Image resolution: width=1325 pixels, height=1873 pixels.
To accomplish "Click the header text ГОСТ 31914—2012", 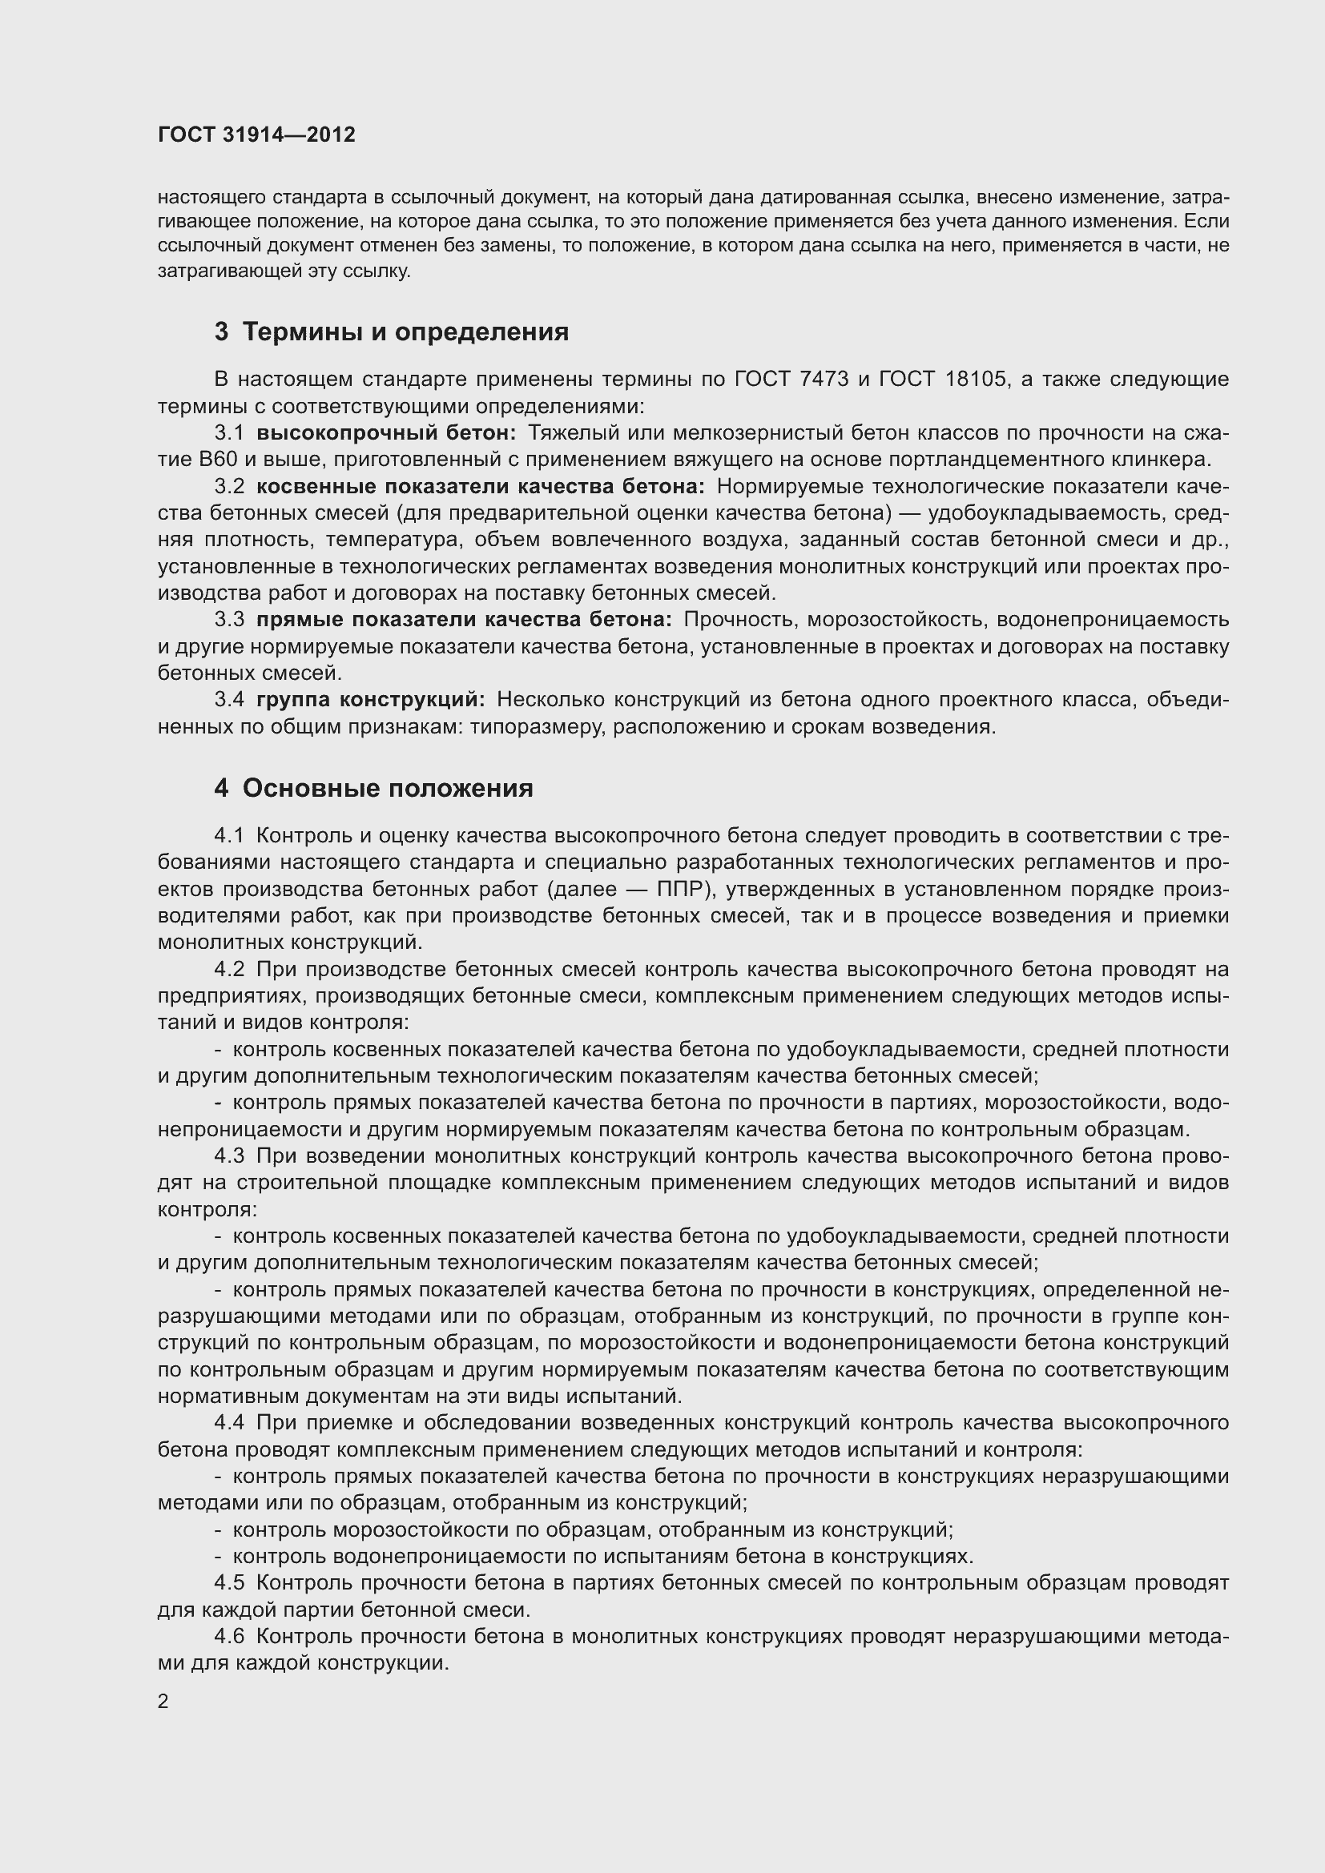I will pyautogui.click(x=256, y=135).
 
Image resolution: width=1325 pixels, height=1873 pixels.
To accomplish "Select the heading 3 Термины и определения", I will pyautogui.click(x=392, y=332).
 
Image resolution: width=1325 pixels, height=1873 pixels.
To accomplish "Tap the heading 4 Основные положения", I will pyautogui.click(x=373, y=788).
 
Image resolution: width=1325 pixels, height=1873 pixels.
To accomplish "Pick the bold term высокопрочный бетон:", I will pyautogui.click(x=386, y=432).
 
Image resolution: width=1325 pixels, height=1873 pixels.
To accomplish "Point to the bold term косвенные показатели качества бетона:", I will pyautogui.click(x=480, y=486).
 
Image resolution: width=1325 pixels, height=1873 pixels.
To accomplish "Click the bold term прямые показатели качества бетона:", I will pyautogui.click(x=463, y=620).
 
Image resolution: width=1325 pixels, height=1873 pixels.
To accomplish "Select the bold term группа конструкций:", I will pyautogui.click(x=370, y=700).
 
